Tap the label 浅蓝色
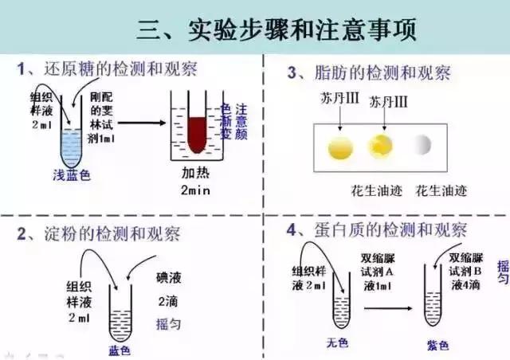coord(71,176)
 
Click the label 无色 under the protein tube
coord(339,343)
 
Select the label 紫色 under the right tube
coord(437,345)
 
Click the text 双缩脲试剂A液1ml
coord(378,272)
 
